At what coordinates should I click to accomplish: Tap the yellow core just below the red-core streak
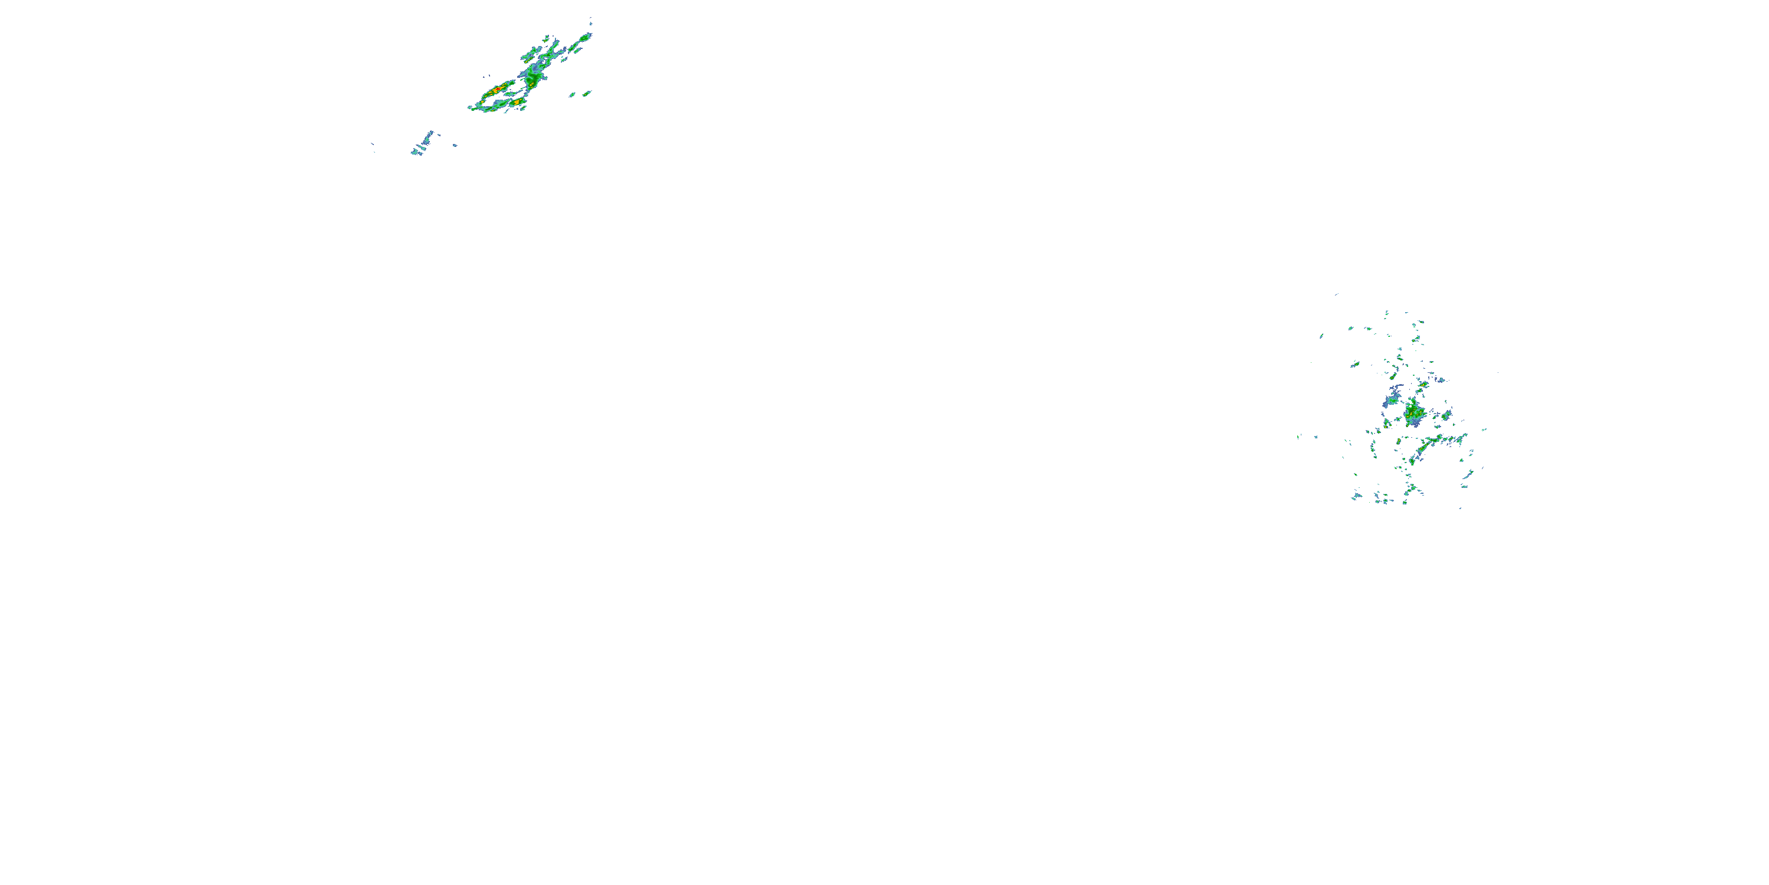tap(517, 103)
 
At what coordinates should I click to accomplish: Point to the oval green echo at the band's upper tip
tap(586, 37)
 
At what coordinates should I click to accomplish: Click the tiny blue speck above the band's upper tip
tap(591, 19)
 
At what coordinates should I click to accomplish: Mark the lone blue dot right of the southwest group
tap(454, 145)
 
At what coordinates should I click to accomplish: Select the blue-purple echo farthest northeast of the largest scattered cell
tap(1439, 379)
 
